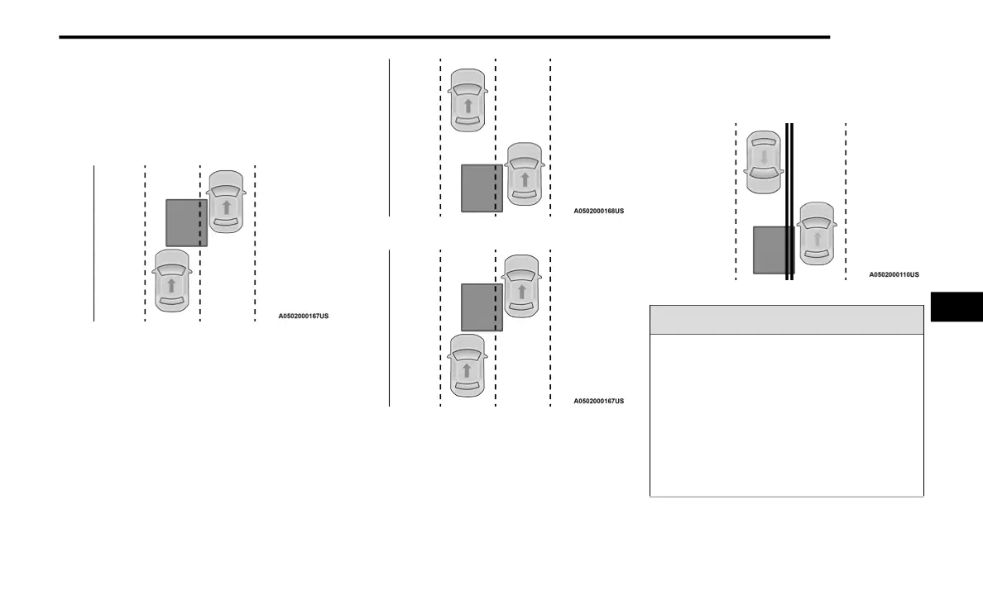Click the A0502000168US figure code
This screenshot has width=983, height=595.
(x=598, y=211)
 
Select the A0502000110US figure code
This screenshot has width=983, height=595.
(x=894, y=274)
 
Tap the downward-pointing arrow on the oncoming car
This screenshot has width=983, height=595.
(x=764, y=156)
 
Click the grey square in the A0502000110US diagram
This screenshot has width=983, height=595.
(x=772, y=250)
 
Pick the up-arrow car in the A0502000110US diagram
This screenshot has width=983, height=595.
(x=817, y=233)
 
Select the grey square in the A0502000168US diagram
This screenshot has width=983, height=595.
(x=481, y=188)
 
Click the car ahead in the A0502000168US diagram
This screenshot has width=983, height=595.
(x=468, y=100)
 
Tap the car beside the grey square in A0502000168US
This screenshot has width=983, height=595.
(x=523, y=174)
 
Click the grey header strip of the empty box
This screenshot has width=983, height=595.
(x=786, y=320)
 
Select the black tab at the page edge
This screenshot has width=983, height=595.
(x=957, y=307)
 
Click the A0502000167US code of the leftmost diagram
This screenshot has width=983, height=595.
(x=303, y=316)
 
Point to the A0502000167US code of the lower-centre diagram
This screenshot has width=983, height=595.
(x=598, y=401)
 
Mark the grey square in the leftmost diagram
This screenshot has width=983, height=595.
(x=185, y=222)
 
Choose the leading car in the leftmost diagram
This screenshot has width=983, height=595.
(x=226, y=202)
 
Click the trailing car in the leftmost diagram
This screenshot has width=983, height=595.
(x=171, y=280)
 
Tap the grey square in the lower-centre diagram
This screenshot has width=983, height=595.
(x=481, y=307)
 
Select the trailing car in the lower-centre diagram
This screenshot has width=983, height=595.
(x=467, y=364)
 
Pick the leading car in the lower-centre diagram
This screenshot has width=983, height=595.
(x=521, y=286)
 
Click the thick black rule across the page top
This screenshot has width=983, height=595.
(x=444, y=37)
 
